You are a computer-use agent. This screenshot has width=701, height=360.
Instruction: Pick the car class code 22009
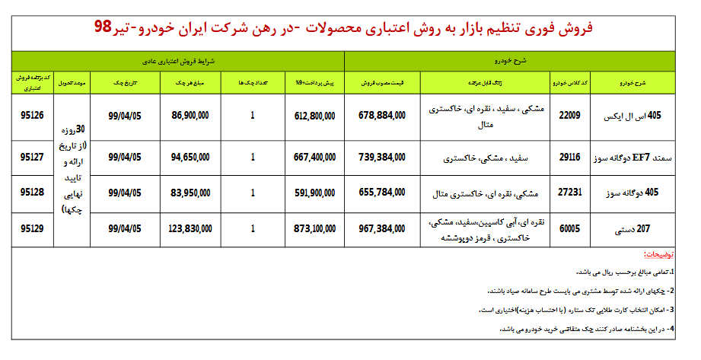(569, 116)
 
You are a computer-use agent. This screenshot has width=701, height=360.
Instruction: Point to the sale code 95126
(33, 116)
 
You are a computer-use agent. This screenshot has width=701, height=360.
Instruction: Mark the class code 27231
(569, 193)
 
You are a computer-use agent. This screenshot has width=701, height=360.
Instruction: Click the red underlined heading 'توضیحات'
(658, 254)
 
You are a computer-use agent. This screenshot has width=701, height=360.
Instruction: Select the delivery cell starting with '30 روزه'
(72, 169)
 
